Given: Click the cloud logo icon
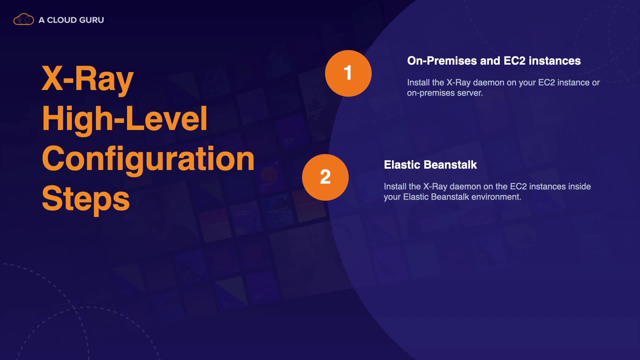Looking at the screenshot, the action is (x=24, y=19).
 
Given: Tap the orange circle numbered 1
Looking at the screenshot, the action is (x=348, y=73).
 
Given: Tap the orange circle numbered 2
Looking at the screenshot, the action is (x=325, y=177).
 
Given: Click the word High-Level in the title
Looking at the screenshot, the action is (x=125, y=119).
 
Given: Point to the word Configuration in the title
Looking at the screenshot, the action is (x=148, y=159).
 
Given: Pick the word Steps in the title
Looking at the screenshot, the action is (x=86, y=199).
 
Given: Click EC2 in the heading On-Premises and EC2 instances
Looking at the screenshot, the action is (x=514, y=61).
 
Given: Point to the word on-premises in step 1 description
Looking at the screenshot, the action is (x=431, y=93).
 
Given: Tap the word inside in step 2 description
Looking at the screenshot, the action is (x=579, y=186).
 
